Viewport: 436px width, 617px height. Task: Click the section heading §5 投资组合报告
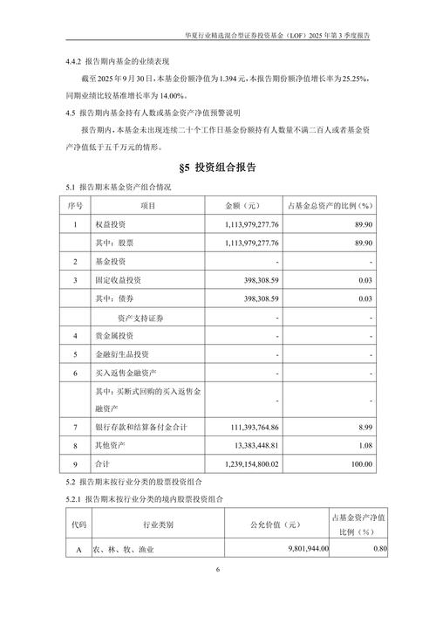click(218, 168)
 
